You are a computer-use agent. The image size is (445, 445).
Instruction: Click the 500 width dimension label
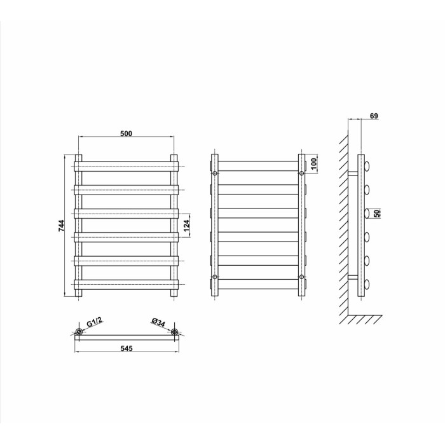coord(127,133)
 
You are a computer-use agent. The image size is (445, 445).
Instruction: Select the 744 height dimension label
coord(62,226)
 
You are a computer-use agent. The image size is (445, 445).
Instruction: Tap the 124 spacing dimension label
coord(186,226)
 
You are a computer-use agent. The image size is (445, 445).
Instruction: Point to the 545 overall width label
coord(127,348)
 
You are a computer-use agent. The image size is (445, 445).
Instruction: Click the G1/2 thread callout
coord(94,322)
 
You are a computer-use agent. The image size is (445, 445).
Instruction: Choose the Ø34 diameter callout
coord(158,322)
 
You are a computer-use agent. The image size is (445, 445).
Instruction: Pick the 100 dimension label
coord(313,164)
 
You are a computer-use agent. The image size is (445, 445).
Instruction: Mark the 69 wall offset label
coord(374,116)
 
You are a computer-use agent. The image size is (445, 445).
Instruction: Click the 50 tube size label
coord(377,214)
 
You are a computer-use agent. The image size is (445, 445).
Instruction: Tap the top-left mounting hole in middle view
coord(215,173)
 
